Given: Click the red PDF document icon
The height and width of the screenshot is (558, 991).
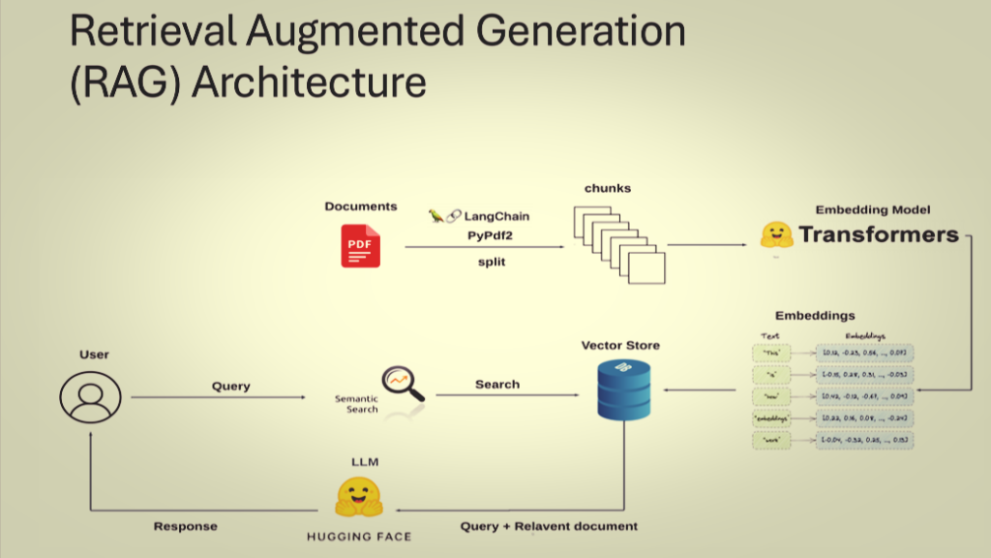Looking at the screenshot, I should pos(360,245).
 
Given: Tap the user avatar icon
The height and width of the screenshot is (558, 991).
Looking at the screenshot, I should pos(90,396).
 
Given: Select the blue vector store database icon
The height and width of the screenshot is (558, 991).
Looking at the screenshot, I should pos(622,390).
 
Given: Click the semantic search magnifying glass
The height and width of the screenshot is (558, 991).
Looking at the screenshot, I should pos(403,383).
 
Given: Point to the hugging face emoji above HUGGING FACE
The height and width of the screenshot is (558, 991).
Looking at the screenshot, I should pos(359,497).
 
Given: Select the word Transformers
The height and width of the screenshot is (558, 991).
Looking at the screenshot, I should pos(878,234).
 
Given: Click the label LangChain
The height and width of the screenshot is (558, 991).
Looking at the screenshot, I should pos(496,216).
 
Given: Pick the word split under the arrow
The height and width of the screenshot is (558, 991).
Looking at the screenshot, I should pos(492,263).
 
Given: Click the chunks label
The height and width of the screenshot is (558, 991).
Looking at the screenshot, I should pos(607,188).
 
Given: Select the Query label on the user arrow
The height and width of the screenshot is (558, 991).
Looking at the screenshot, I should pos(230,387).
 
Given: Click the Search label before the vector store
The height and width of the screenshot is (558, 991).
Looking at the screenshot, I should pos(496,385).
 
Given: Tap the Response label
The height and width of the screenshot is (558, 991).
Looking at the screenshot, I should pos(185,527).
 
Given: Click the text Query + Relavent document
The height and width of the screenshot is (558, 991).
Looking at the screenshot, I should pos(549,526).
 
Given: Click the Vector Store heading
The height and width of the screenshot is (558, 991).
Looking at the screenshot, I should pos(620,346).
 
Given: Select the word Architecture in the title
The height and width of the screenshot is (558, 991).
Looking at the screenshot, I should pos(310,81).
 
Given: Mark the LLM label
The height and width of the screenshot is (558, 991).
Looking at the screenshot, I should pos(359,463).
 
